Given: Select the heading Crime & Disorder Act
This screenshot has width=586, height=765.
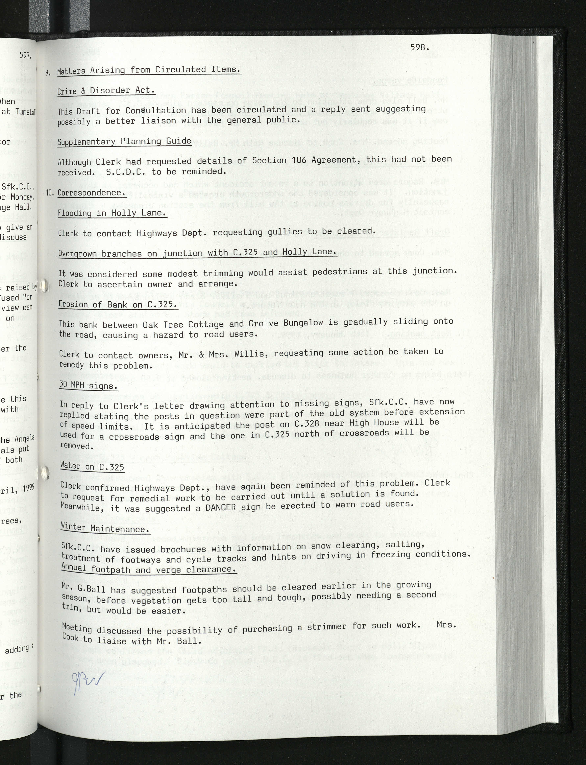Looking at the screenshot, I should tap(106, 91).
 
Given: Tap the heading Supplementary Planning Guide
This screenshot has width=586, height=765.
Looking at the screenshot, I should tap(125, 141).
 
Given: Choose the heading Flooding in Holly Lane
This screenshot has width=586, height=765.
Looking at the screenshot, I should tap(112, 213).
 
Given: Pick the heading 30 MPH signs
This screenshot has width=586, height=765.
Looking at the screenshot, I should tap(89, 386).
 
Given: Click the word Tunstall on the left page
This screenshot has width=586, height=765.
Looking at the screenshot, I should tap(25, 112).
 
